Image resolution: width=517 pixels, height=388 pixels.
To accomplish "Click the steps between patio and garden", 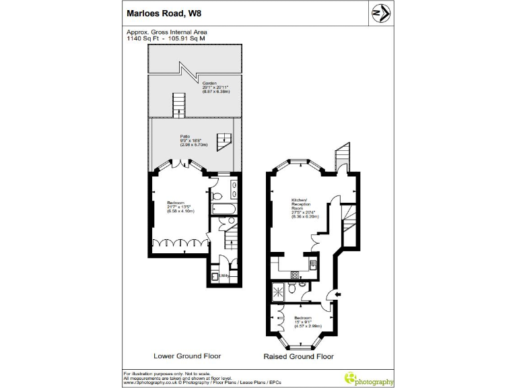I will [x=179, y=104].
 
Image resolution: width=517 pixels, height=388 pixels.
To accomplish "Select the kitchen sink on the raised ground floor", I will [x=314, y=263].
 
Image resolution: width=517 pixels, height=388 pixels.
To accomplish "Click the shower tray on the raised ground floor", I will [x=277, y=290].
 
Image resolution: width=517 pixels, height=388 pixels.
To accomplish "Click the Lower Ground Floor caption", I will [x=187, y=356].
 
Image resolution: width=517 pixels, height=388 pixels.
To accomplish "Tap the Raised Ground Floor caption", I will [x=298, y=356].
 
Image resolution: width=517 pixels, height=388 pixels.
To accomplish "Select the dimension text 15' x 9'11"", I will [x=302, y=321].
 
